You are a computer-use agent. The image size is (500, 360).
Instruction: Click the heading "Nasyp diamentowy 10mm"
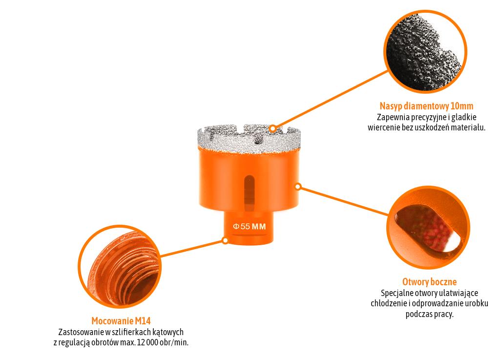coord(426,106)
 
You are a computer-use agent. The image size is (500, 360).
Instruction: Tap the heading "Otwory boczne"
coord(429,282)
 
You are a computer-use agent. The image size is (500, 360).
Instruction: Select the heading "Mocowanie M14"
coord(121,321)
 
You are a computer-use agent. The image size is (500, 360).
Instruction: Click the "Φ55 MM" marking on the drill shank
coord(249,227)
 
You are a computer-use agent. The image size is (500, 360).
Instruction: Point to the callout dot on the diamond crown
coord(272,128)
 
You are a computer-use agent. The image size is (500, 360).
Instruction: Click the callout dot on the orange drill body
coord(298,186)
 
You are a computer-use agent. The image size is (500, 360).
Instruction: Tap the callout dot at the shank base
coord(225,240)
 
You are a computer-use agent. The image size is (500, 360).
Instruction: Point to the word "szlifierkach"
coord(127,332)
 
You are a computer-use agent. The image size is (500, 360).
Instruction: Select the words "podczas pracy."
coord(429,314)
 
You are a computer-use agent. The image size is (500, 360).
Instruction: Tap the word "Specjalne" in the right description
coord(396,293)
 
